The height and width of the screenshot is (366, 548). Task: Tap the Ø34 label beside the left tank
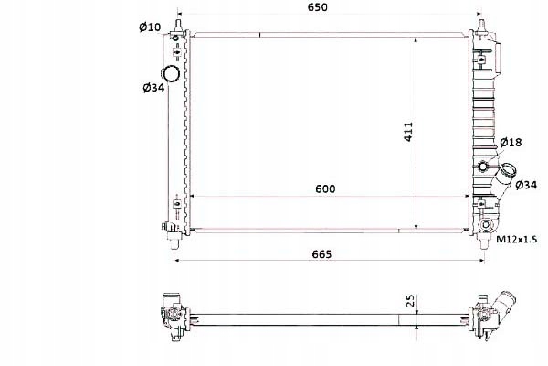[x=153, y=87]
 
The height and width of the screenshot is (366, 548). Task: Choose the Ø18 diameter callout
[x=511, y=142]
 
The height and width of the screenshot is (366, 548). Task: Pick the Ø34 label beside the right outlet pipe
[x=525, y=186]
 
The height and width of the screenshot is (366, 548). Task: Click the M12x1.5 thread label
[x=515, y=239]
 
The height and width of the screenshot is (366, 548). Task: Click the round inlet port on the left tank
[x=171, y=74]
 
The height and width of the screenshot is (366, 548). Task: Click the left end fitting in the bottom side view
[x=169, y=317]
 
